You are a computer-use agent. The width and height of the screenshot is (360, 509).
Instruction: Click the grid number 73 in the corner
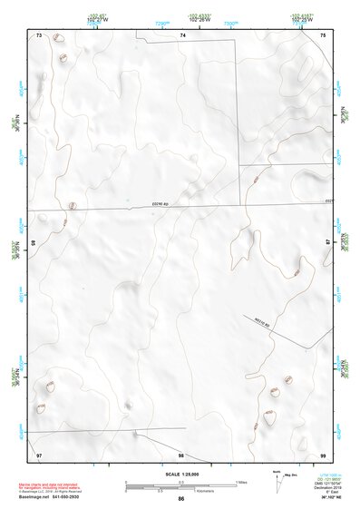39,34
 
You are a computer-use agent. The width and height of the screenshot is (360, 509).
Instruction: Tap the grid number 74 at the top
182,34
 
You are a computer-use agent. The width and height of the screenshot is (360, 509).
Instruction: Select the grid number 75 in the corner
324,34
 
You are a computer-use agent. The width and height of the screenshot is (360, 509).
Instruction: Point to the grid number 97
39,454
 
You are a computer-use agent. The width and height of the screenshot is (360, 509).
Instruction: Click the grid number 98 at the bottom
181,455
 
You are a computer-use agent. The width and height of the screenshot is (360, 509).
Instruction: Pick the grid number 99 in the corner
324,454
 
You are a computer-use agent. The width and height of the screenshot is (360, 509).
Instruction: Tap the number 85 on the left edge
34,243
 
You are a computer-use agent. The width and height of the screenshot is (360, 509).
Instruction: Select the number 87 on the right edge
328,243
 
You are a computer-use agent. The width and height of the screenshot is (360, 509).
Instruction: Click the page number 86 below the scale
181,499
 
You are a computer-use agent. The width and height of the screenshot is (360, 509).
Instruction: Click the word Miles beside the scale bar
242,482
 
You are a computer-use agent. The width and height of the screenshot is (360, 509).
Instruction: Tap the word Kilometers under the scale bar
181,492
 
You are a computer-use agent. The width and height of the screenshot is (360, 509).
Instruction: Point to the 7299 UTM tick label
162,23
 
